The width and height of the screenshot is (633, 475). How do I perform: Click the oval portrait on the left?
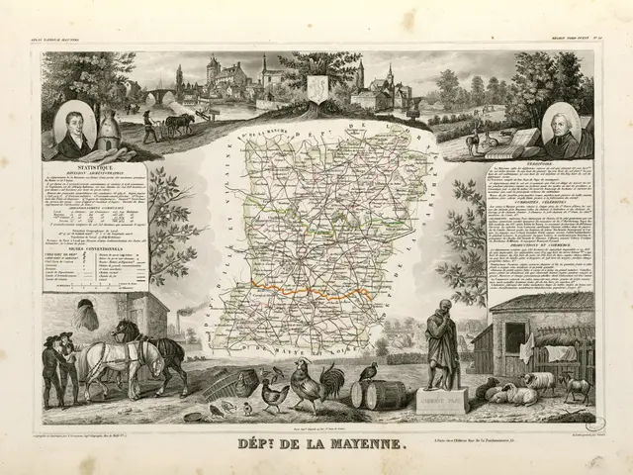[76, 128]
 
